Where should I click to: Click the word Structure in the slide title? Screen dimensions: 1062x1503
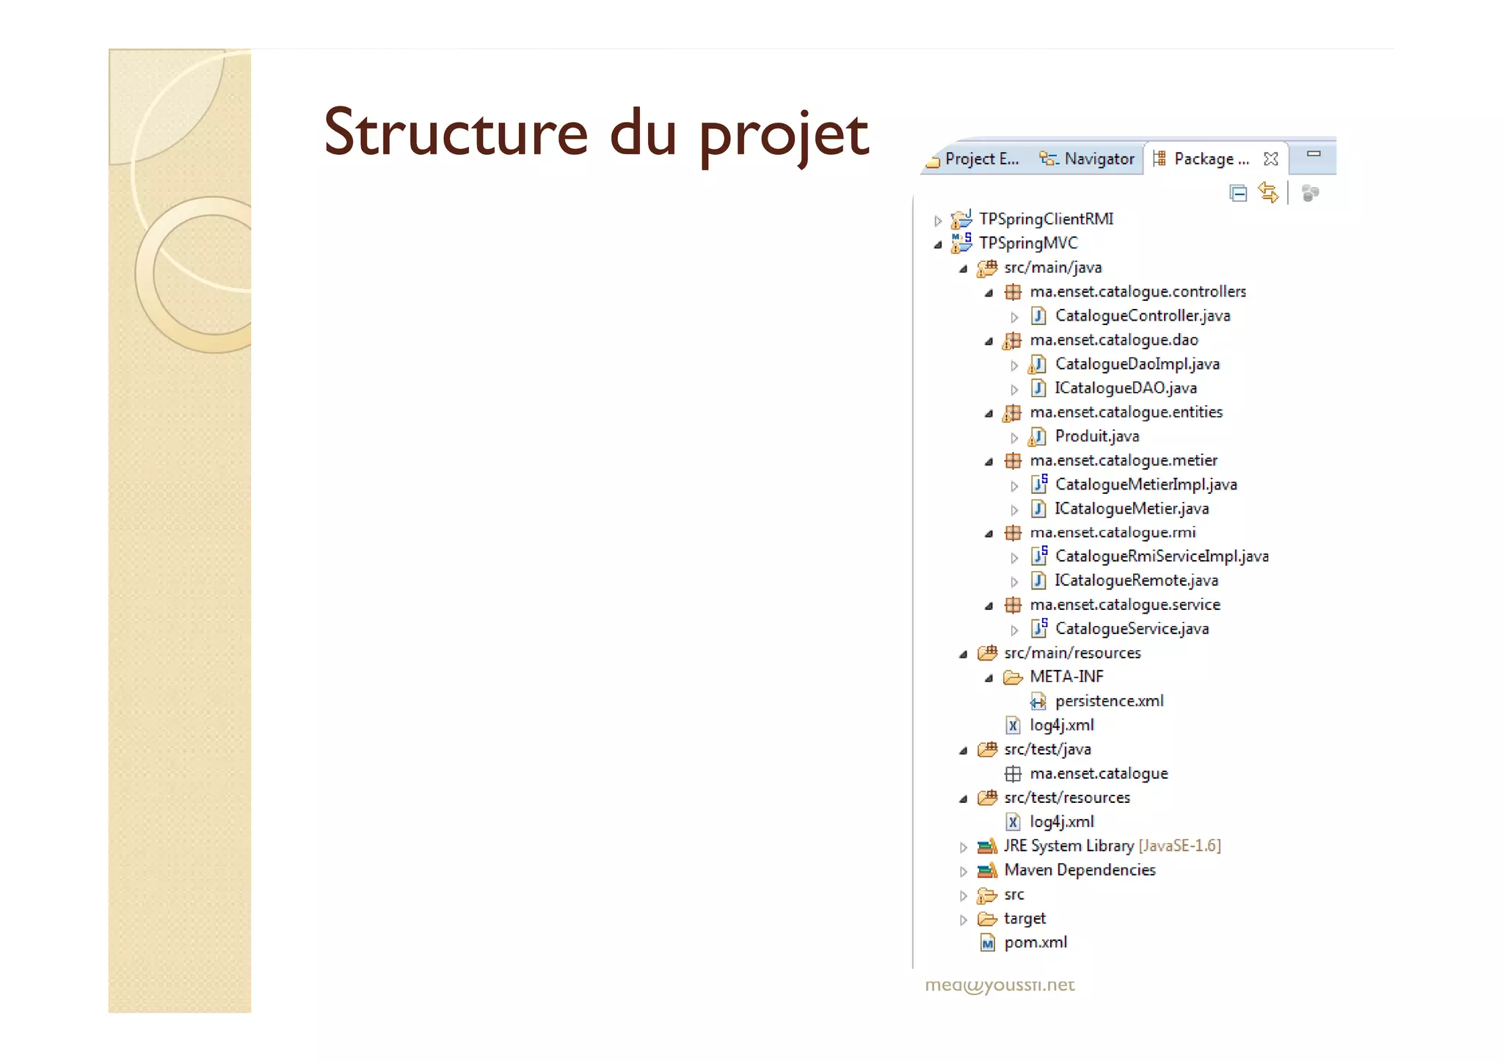coord(456,133)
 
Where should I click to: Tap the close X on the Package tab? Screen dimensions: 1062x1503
coord(1271,159)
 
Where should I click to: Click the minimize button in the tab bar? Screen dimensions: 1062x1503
coord(1314,154)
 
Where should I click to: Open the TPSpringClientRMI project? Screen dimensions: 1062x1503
coord(1045,219)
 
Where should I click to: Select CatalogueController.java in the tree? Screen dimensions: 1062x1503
coord(1142,316)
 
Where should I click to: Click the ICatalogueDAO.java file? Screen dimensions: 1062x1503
coord(1125,388)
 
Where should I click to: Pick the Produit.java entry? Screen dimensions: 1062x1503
coord(1096,436)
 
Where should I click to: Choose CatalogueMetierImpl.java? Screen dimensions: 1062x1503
coord(1146,484)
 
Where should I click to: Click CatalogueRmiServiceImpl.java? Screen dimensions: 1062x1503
coord(1161,556)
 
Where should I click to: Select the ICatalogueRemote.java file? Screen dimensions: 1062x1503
coord(1136,581)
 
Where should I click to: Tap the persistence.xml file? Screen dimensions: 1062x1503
coord(1109,701)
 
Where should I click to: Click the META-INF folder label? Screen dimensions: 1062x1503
coord(1066,677)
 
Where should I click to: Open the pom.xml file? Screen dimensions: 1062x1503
coord(1035,942)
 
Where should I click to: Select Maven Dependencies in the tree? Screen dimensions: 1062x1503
coord(1079,870)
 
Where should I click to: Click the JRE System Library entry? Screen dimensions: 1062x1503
coord(1069,846)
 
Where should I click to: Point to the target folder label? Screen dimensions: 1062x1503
coord(1025,918)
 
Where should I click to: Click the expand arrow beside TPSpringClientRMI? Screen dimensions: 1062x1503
coord(938,220)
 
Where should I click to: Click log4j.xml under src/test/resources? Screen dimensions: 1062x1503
coord(1061,822)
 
